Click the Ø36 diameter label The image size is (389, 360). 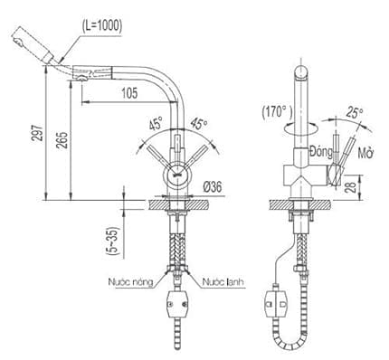click(213, 186)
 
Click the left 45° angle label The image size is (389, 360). click(155, 127)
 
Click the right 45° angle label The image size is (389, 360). click(196, 127)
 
